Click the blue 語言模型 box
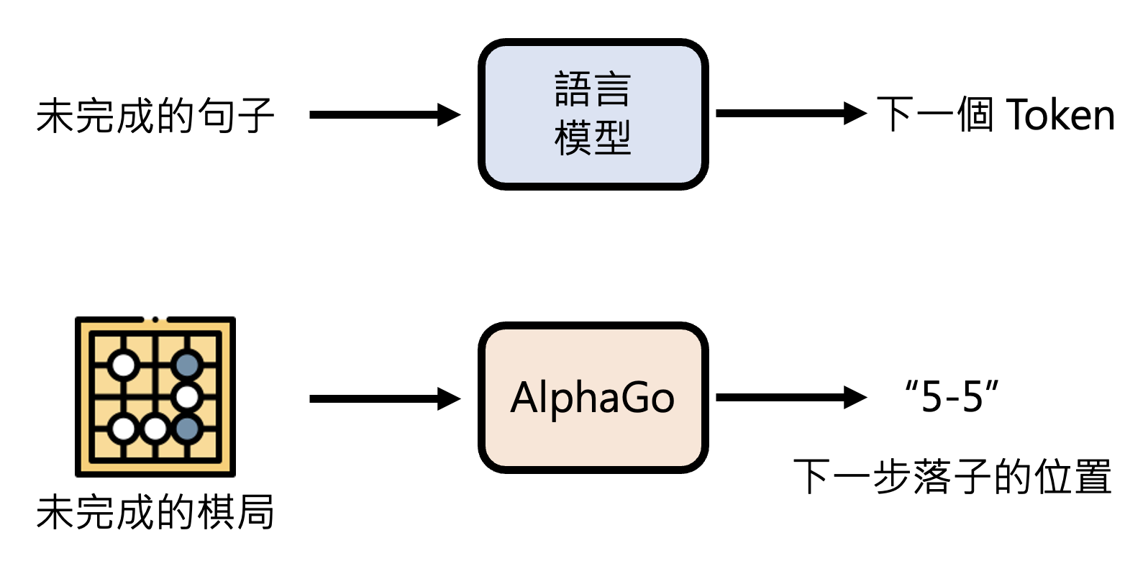(x=593, y=114)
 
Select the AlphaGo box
(x=593, y=397)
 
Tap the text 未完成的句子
(x=155, y=116)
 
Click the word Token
(x=1060, y=115)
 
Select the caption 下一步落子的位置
(x=952, y=476)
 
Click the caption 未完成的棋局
(x=155, y=512)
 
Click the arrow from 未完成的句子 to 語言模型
(x=384, y=114)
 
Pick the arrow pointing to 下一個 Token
(x=791, y=113)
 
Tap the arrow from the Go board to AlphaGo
(x=384, y=398)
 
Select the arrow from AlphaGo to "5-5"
(x=791, y=397)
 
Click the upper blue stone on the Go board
(x=187, y=365)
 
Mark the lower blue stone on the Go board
(x=187, y=429)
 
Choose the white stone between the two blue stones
(x=187, y=396)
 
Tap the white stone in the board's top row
(x=124, y=365)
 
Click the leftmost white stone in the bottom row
(x=124, y=429)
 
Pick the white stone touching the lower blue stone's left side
(x=155, y=429)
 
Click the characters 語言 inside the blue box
(x=593, y=89)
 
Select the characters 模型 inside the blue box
(x=593, y=138)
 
